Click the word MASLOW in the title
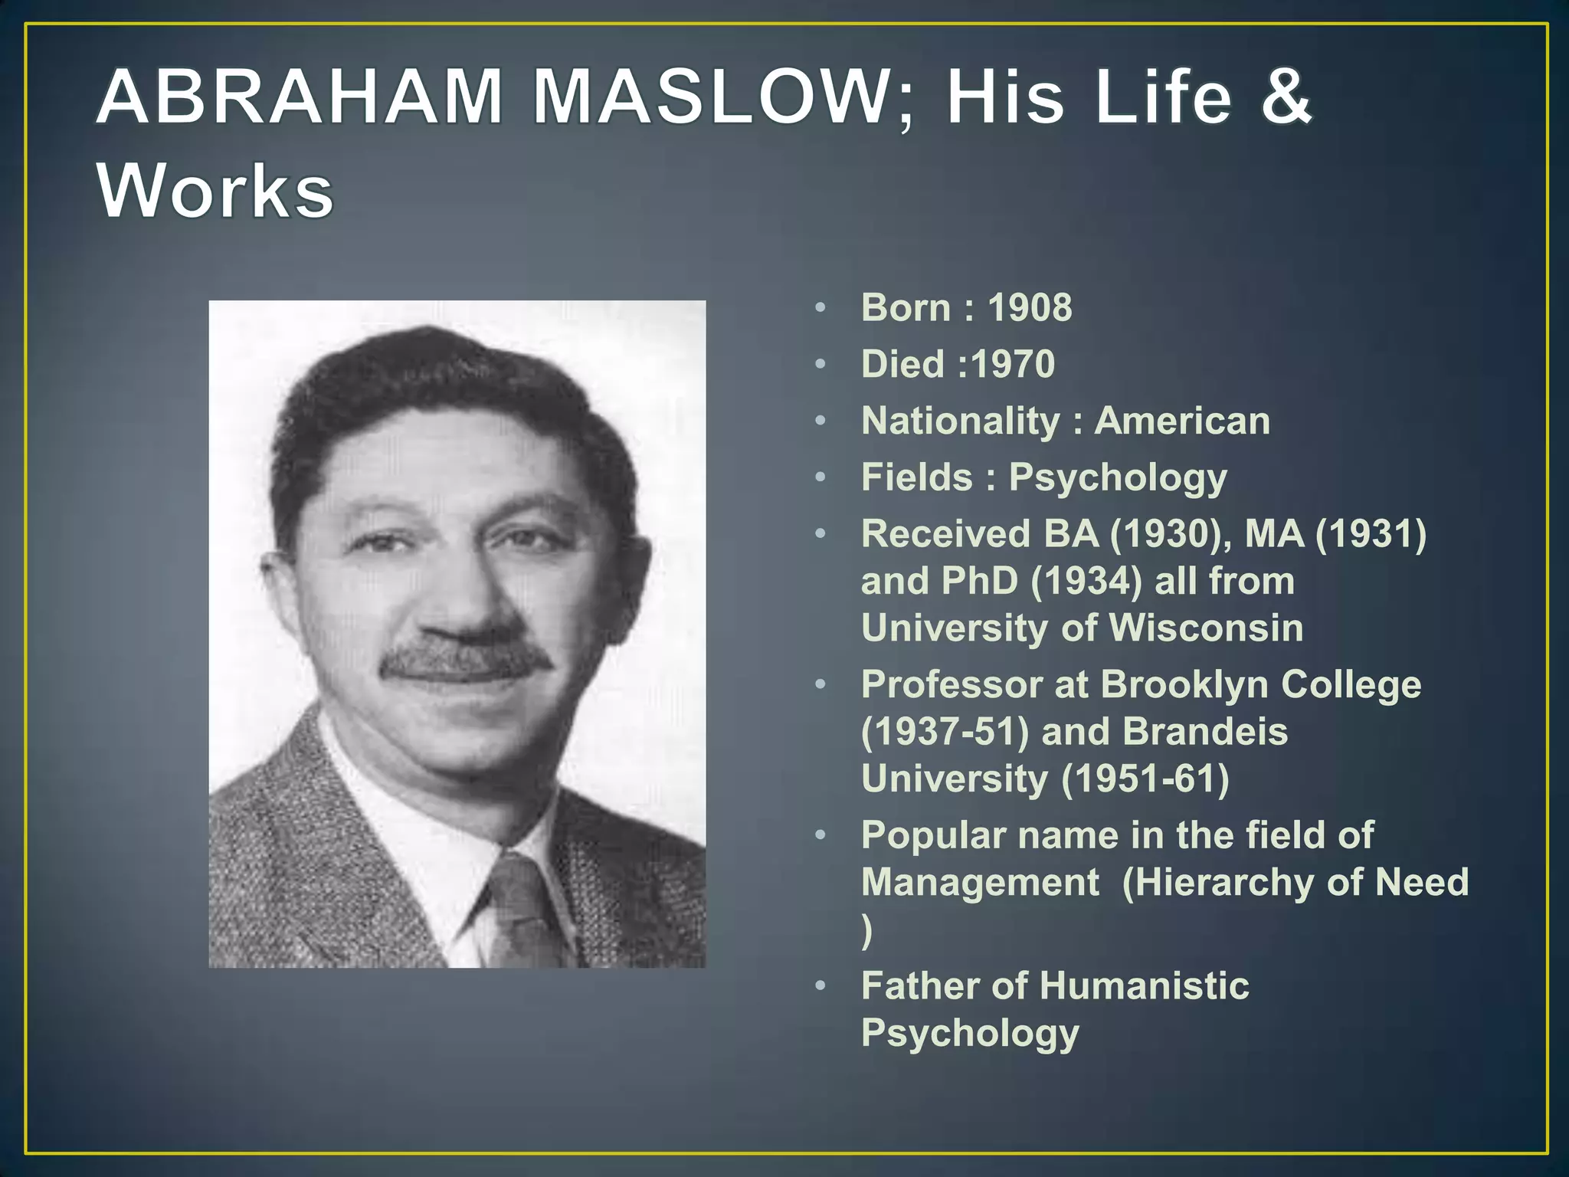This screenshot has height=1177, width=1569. (709, 98)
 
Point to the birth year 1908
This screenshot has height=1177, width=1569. (1030, 308)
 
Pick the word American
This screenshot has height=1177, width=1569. (1181, 421)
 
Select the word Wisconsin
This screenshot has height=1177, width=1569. (1206, 628)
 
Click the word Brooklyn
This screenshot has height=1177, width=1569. (1184, 684)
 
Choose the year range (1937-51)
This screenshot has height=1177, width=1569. (945, 732)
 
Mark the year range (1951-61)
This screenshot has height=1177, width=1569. (1145, 779)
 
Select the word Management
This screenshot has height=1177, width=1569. (980, 882)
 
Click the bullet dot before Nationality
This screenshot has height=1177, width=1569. (821, 421)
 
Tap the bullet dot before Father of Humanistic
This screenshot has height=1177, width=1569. (821, 985)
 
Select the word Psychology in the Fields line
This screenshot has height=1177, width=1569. (1118, 477)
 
